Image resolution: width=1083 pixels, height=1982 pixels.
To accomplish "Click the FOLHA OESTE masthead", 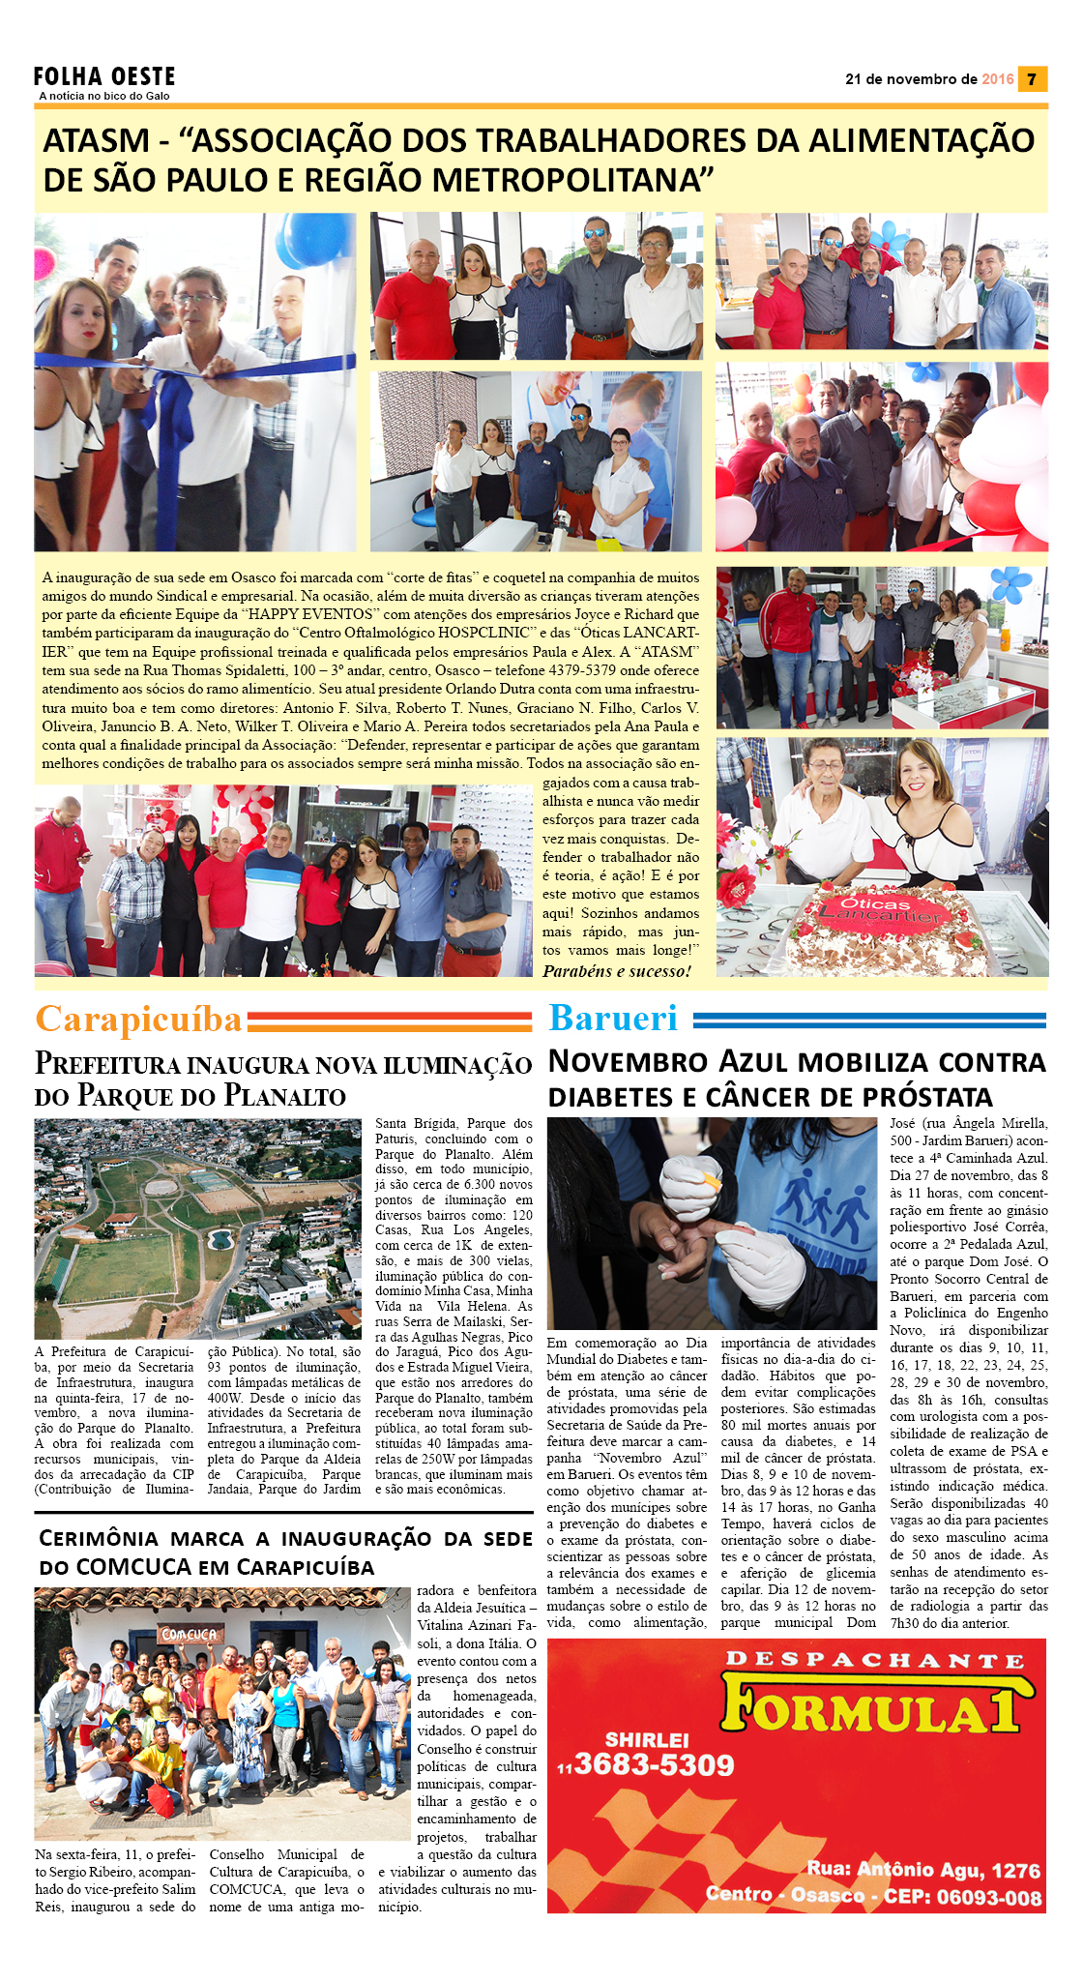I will point(104,76).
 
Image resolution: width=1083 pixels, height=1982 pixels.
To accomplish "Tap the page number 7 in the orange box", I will point(1032,79).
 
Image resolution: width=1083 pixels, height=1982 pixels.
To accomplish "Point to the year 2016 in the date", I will point(997,79).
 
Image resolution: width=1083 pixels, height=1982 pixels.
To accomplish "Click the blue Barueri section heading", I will point(613,1018).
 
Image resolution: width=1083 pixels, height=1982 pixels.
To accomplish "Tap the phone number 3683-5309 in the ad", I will point(654,1764).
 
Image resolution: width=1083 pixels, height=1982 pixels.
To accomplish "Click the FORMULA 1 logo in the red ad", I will point(870,1708).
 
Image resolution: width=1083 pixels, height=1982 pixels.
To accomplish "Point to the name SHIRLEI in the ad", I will point(647,1739).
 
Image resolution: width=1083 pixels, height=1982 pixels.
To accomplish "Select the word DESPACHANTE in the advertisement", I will point(874,1661).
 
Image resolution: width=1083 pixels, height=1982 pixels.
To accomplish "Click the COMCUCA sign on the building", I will point(190,1634).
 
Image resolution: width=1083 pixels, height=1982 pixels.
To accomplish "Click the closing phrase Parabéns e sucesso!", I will point(617,971).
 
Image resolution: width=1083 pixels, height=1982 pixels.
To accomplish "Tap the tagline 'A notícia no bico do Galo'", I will point(104,96).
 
